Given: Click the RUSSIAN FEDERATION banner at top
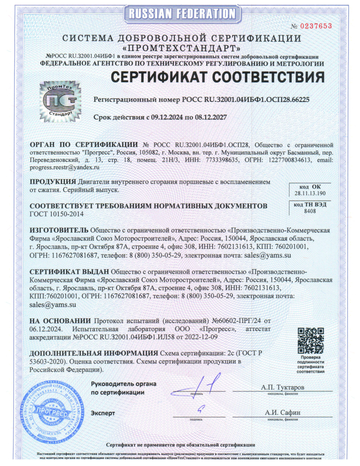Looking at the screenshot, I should point(180,14).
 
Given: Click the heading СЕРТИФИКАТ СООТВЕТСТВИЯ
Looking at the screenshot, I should point(217,78).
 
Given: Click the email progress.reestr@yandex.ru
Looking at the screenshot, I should point(64,167).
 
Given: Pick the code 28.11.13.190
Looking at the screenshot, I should point(310,194).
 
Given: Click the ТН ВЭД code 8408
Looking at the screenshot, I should point(310,212).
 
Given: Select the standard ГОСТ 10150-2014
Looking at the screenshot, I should point(56,214).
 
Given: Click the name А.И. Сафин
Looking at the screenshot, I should point(283,413).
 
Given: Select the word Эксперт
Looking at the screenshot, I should point(103,413).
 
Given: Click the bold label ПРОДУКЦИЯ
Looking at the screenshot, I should point(52,182).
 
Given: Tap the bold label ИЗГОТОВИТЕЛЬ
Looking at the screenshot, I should point(59,230).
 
